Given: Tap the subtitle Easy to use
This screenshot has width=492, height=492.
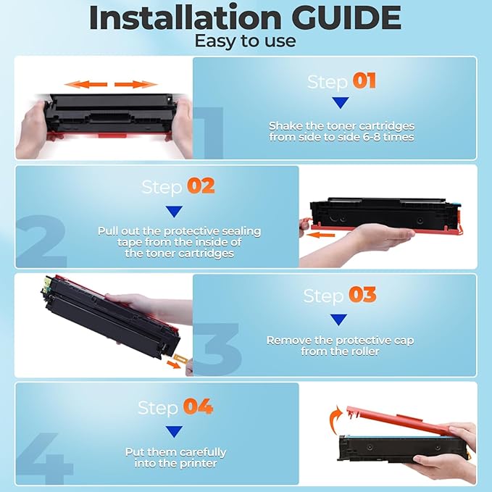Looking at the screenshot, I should (x=245, y=41).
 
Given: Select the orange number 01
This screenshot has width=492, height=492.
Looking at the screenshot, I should (x=364, y=80).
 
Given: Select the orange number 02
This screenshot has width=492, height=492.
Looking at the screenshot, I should (x=201, y=185).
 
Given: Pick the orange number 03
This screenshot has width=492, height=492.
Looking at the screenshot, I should (x=364, y=295).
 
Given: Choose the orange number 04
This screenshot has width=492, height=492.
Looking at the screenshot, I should (x=198, y=406).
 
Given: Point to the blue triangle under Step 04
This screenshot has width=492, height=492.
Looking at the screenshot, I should (x=174, y=432).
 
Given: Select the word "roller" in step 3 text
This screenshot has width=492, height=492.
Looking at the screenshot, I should (x=364, y=351).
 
